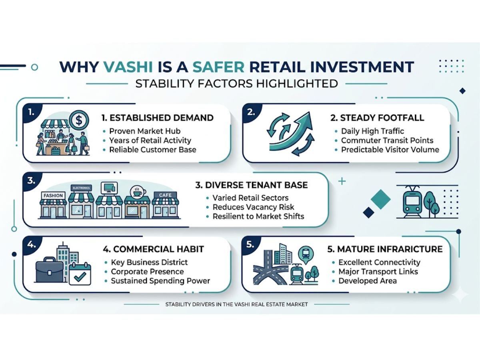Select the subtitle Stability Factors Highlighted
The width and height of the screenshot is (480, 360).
pyautogui.click(x=237, y=84)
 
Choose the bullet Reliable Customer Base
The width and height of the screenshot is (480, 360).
pyautogui.click(x=152, y=150)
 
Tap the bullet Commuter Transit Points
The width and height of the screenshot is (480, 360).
pyautogui.click(x=387, y=140)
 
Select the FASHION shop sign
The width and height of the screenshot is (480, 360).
pyautogui.click(x=53, y=196)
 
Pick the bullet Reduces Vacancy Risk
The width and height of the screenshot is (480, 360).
pyautogui.click(x=253, y=207)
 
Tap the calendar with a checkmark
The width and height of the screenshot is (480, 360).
pyautogui.click(x=80, y=274)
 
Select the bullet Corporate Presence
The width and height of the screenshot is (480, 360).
pyautogui.click(x=148, y=272)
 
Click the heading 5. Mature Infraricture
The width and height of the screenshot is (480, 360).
pyautogui.click(x=385, y=249)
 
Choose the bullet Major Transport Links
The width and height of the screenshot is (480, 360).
pyautogui.click(x=378, y=272)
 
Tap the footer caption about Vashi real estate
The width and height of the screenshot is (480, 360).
pyautogui.click(x=237, y=304)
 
